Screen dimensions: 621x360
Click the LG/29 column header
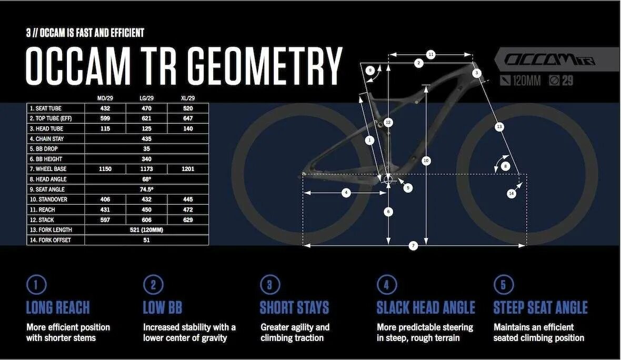146,98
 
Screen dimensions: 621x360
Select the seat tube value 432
105,108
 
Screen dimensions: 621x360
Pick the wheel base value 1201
187,169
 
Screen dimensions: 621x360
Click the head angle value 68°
146,179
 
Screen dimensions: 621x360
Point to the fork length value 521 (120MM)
146,230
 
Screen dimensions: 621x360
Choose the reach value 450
146,209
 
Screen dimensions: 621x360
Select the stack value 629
187,220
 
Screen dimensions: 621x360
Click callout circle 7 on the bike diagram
414,246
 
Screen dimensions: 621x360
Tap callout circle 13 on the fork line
499,126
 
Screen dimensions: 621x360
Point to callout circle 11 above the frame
430,54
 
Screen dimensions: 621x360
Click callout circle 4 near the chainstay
346,193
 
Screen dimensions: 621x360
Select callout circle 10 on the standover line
426,161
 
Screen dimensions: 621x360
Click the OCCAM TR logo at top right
550,59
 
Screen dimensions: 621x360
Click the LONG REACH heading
58,307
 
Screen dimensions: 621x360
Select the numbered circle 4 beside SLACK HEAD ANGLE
386,285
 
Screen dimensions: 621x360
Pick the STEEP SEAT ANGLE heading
540,307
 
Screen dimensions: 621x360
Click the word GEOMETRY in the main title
265,66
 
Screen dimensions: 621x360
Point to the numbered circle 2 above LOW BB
153,285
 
